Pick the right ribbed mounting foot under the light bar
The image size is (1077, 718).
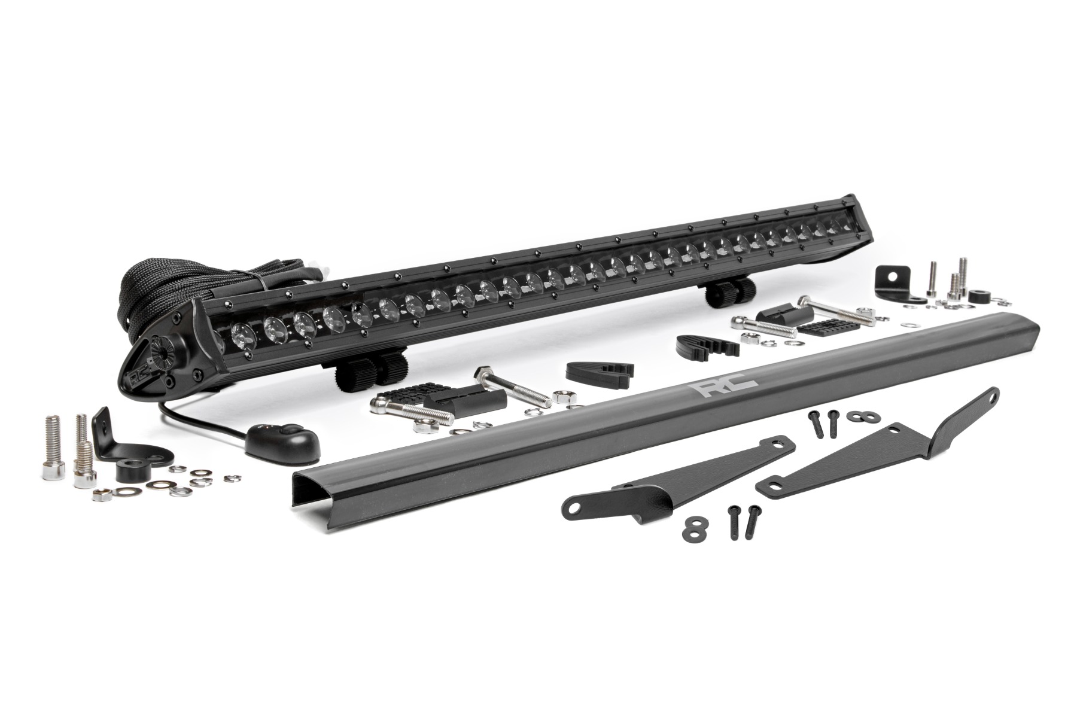(x=731, y=290)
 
